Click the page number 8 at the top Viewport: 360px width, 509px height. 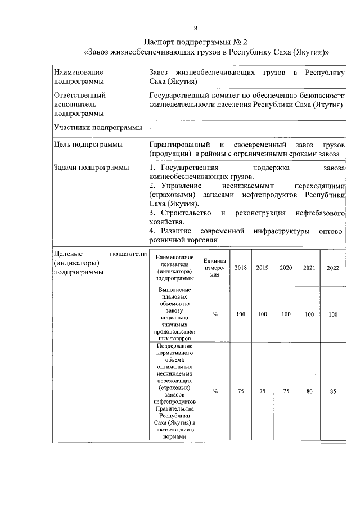pos(195,28)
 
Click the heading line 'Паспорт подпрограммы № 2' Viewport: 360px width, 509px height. pos(195,42)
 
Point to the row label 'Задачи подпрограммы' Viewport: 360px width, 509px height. pos(90,168)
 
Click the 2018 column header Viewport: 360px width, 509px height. pos(240,268)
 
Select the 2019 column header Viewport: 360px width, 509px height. pos(262,268)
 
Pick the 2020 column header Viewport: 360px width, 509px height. pos(286,268)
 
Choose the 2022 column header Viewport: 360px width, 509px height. pos(333,268)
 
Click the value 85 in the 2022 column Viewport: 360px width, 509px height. pos(333,391)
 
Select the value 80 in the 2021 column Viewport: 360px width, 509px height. pos(309,391)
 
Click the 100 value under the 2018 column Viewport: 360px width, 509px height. pos(240,314)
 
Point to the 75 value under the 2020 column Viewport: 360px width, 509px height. pos(286,391)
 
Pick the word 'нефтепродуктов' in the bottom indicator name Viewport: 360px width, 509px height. pos(174,402)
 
